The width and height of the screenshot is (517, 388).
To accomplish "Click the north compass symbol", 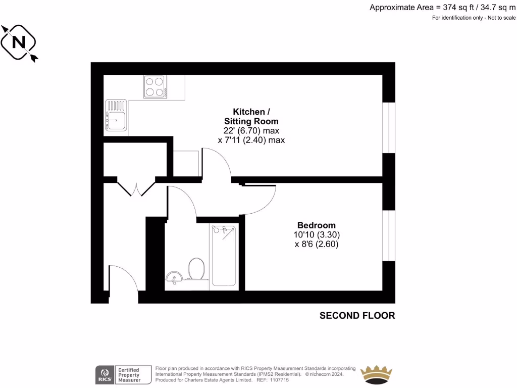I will tap(19, 42).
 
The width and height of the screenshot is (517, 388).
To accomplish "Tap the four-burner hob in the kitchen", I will tap(155, 86).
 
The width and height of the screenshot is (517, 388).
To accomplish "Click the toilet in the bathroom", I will tap(195, 269).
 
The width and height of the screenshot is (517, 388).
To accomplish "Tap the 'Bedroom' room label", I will tap(316, 225).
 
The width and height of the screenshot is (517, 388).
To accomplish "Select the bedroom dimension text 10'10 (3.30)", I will tap(316, 234).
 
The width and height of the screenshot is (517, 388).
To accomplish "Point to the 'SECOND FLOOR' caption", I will tap(357, 316).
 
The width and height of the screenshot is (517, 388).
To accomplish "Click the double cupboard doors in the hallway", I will tap(136, 187).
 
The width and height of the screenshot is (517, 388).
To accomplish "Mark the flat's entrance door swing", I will tap(122, 279).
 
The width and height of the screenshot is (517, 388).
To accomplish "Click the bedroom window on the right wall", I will tap(389, 236).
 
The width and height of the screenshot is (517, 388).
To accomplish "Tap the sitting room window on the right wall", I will tap(389, 128).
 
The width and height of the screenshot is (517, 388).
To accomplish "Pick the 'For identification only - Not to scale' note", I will tap(474, 18).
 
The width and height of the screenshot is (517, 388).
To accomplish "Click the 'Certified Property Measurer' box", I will tap(133, 375).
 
